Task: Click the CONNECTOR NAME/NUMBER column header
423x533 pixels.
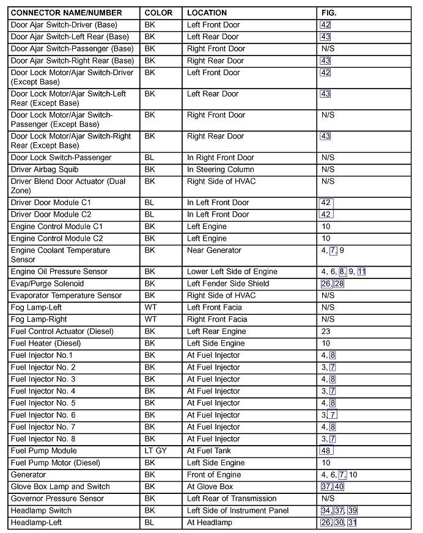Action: tap(66, 13)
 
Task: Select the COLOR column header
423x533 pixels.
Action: tap(158, 13)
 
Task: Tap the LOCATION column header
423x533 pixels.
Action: tap(207, 13)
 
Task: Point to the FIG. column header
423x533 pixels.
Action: tap(329, 13)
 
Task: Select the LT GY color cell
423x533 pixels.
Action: tap(155, 451)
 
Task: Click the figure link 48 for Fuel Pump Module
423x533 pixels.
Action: tap(326, 451)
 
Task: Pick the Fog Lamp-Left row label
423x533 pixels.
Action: tap(36, 308)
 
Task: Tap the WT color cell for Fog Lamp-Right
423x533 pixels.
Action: tap(150, 319)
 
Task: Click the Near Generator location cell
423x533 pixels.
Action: tap(214, 250)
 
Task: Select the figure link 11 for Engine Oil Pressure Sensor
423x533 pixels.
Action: tap(361, 272)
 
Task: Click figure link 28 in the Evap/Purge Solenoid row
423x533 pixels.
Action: tap(339, 284)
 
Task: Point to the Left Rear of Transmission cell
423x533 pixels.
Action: tap(232, 499)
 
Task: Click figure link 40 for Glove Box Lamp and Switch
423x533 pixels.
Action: tap(339, 487)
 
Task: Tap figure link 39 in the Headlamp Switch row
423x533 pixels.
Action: tap(353, 511)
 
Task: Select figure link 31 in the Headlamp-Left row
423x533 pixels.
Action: tap(352, 523)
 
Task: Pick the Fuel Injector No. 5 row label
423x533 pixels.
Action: tap(43, 404)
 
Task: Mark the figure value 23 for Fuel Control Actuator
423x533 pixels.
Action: tap(326, 332)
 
